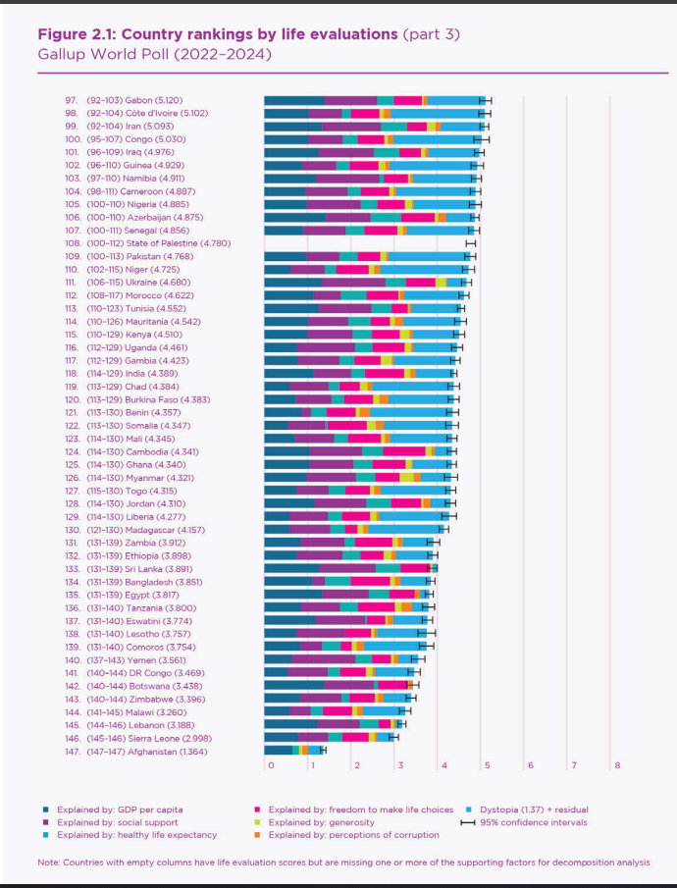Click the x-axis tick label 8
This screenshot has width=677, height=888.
617,765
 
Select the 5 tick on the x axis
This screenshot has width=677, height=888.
486,765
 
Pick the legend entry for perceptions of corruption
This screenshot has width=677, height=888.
353,835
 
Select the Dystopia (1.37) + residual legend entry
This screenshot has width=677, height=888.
535,810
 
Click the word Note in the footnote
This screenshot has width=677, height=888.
49,862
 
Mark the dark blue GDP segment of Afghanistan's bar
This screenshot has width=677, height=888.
278,751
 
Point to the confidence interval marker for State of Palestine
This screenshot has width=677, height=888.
470,241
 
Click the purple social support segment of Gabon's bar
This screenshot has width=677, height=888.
350,100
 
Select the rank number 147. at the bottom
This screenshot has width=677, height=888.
72,751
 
